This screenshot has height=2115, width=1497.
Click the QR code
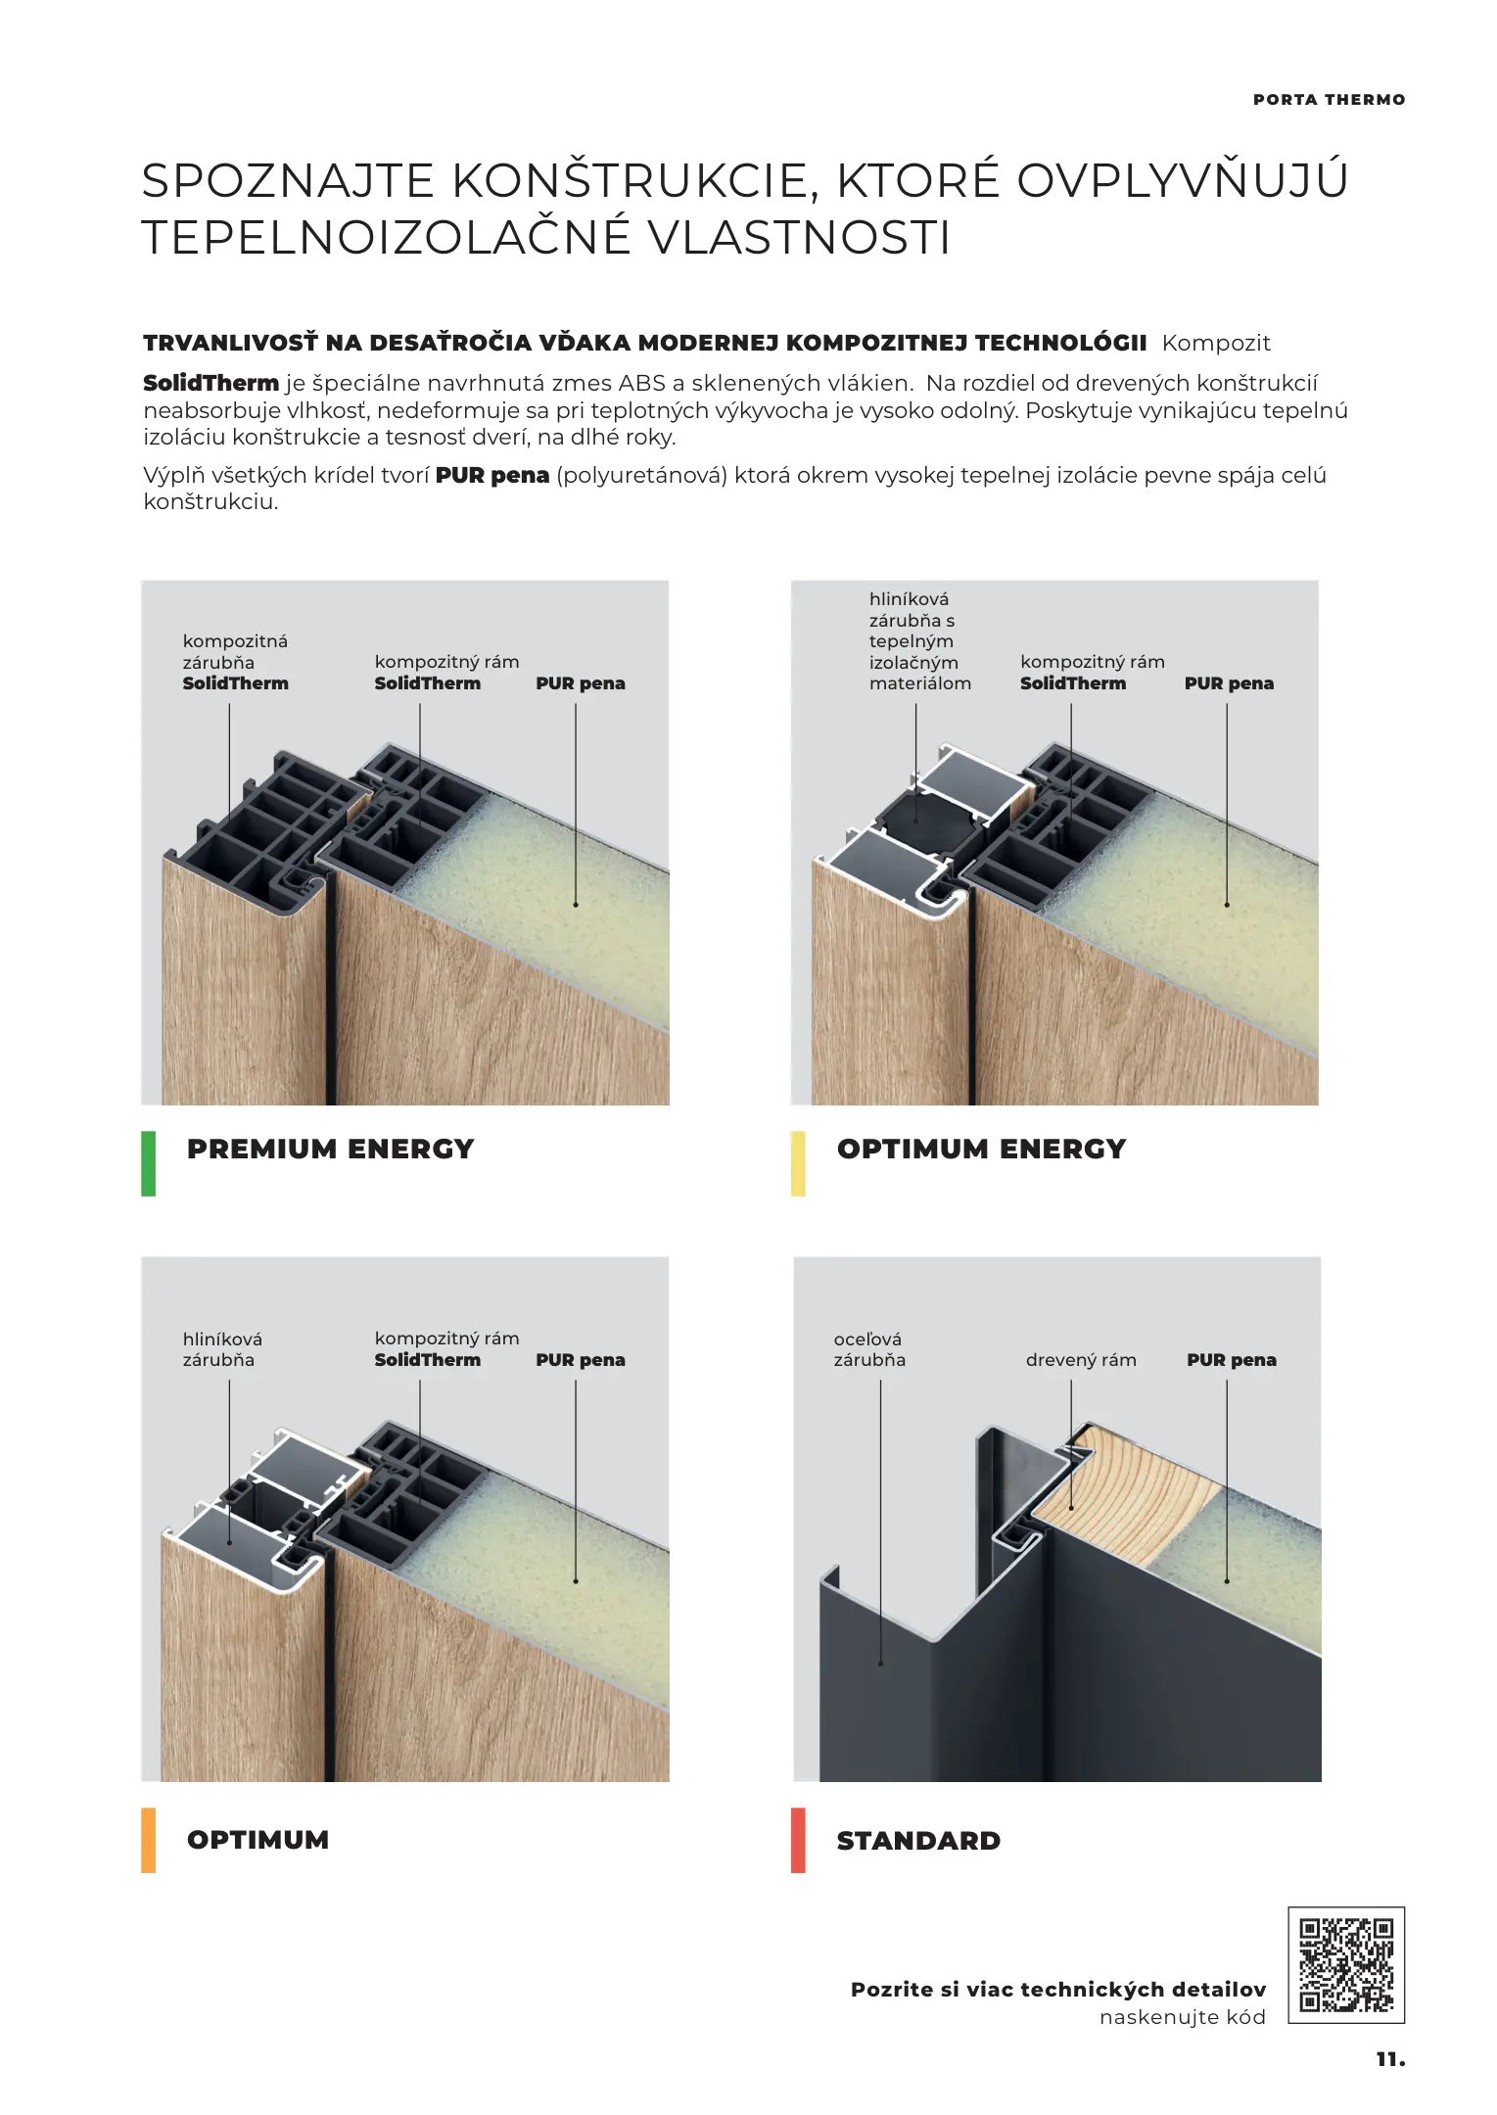(1345, 1964)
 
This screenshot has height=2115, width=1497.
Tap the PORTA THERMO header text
(1329, 100)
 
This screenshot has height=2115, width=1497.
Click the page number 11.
(1390, 2059)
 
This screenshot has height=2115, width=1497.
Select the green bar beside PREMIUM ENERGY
(148, 1163)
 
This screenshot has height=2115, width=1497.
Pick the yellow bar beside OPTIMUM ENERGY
(798, 1163)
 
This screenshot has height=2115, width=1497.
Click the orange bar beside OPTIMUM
(148, 1840)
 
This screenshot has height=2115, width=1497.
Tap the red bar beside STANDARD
(798, 1840)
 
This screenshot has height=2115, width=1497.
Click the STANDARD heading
(918, 1841)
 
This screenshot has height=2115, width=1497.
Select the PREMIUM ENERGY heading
(330, 1149)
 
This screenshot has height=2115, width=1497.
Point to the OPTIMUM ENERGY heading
(981, 1149)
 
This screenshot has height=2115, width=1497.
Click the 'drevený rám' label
(1081, 1359)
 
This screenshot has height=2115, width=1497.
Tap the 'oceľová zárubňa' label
(869, 1349)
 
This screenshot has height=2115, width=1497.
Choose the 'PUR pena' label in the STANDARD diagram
(1231, 1360)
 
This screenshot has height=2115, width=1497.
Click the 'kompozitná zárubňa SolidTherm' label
(235, 662)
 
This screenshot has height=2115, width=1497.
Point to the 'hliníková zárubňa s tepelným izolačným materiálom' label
(919, 641)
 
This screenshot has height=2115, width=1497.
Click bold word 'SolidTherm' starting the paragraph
(211, 383)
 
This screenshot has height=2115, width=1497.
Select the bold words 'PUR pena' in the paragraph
(491, 476)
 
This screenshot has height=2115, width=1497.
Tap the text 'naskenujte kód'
(1182, 2017)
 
